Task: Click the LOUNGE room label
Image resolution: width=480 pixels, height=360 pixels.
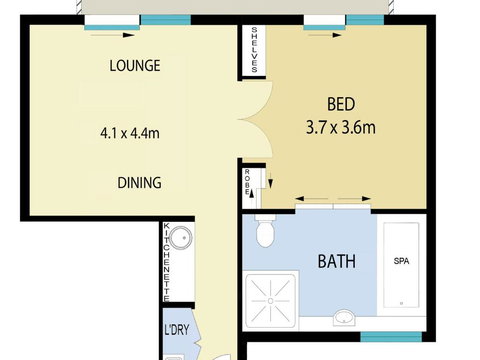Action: (134, 66)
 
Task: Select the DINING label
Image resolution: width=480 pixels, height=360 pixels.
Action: (138, 183)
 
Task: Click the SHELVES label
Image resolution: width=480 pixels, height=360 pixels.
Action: (255, 50)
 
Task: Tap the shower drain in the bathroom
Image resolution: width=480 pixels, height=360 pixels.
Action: (271, 298)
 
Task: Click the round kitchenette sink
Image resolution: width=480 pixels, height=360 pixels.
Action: (180, 240)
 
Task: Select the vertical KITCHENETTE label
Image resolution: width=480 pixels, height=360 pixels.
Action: (167, 261)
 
